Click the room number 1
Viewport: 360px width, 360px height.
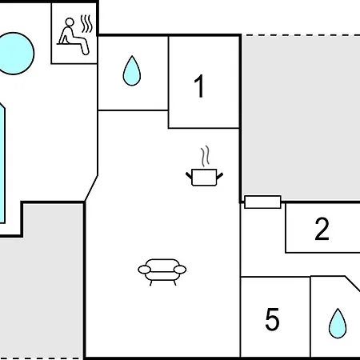click(200, 86)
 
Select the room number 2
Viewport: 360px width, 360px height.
click(322, 229)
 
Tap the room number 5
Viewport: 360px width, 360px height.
click(272, 319)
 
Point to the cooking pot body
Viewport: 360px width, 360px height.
click(204, 177)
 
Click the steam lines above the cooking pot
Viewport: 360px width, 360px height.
click(206, 156)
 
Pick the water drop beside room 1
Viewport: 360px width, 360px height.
click(132, 70)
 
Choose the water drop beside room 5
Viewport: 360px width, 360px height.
click(338, 323)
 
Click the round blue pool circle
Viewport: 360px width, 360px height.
click(14, 54)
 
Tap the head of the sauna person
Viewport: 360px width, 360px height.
click(70, 22)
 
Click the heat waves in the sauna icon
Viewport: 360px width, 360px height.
click(87, 24)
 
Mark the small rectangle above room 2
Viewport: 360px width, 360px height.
click(262, 202)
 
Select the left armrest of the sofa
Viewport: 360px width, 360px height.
click(144, 270)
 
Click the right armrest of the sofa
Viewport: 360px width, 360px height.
click(180, 270)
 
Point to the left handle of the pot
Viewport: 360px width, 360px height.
click(189, 175)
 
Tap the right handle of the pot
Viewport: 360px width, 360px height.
click(220, 176)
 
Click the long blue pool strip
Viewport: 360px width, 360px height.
click(2, 163)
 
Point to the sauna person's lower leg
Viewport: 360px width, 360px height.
click(85, 47)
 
